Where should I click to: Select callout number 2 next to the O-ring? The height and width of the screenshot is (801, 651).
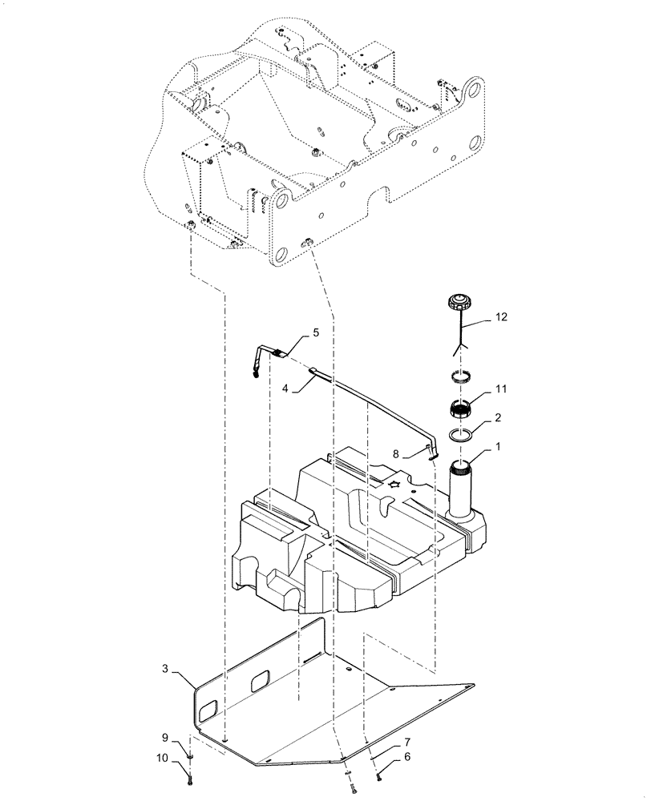tap(498, 417)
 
